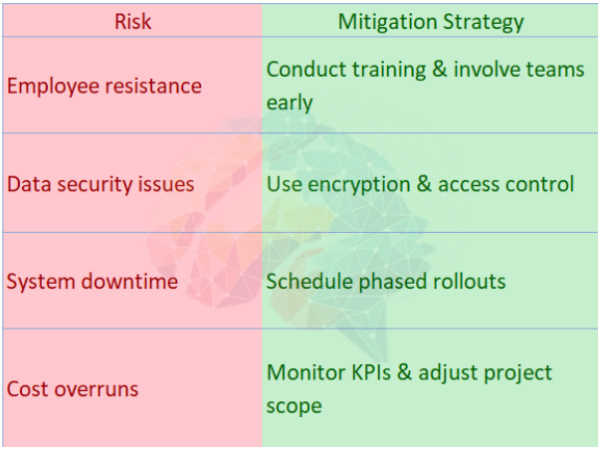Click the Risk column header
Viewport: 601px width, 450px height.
click(x=131, y=21)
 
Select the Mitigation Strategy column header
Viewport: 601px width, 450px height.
click(x=431, y=21)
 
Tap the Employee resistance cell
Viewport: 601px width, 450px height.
click(x=103, y=86)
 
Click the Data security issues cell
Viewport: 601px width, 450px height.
click(x=100, y=184)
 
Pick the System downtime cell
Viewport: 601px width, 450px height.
click(x=93, y=282)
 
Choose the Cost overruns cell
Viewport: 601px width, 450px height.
click(x=73, y=388)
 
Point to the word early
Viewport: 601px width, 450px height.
click(x=290, y=103)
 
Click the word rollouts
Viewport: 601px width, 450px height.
click(x=469, y=282)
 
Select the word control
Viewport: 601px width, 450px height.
click(x=540, y=184)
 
